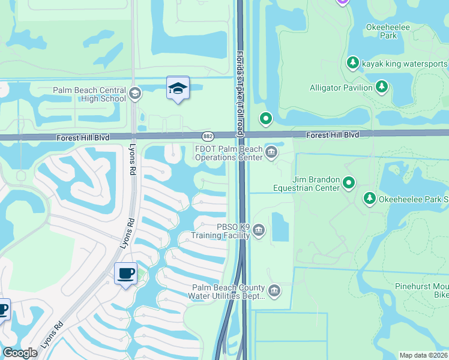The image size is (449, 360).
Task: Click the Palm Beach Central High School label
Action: click(89, 94)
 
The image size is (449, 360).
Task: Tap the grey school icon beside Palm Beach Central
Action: click(135, 94)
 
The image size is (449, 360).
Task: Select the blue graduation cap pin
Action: click(178, 88)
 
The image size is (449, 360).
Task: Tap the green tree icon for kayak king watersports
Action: click(353, 63)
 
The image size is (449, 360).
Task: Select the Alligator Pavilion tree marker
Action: click(382, 88)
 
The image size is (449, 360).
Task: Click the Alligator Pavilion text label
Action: click(342, 88)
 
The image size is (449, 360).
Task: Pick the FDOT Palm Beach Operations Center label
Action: click(229, 153)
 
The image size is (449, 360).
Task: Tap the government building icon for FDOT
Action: click(271, 152)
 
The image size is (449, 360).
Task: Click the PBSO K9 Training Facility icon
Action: click(259, 230)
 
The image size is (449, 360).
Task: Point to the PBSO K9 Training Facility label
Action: click(224, 231)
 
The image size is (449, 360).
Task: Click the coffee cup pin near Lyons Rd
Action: click(125, 274)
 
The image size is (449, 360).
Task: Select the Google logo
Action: click(20, 353)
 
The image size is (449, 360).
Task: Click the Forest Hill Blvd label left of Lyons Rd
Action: click(83, 137)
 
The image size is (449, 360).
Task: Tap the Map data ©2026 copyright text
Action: click(423, 355)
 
